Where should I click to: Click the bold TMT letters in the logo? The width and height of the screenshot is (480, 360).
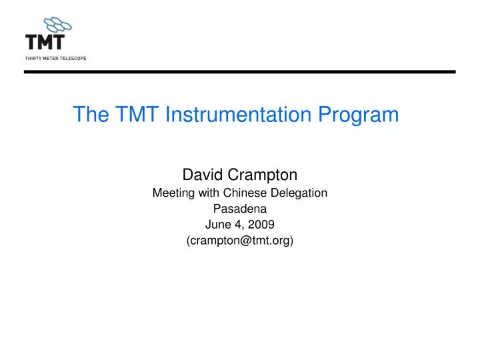[45, 42]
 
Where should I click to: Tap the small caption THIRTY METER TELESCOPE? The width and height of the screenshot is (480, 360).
[55, 58]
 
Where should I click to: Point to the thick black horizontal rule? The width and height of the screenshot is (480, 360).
[240, 71]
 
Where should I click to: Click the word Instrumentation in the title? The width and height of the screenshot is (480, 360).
[237, 115]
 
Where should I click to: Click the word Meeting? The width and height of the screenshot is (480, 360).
[173, 193]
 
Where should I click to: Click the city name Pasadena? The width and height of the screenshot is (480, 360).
[240, 209]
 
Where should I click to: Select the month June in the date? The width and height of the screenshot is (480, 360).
[217, 225]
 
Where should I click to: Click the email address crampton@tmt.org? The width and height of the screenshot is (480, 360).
[240, 241]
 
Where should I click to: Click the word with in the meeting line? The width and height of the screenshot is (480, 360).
[209, 193]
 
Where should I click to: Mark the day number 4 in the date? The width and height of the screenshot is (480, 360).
[237, 225]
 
